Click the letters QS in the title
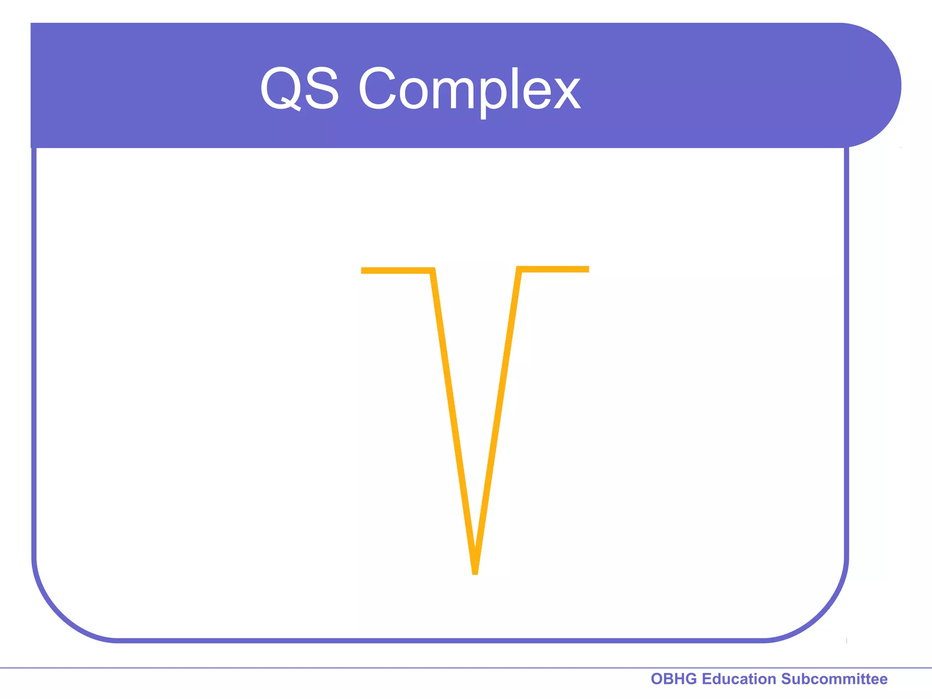(x=299, y=88)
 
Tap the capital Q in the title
(x=280, y=88)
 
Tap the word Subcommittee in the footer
(x=834, y=679)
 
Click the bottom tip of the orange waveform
(x=475, y=572)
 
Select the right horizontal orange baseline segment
(x=554, y=269)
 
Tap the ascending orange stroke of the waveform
(x=497, y=421)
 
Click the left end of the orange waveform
(x=363, y=271)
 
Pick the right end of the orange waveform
(x=588, y=269)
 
